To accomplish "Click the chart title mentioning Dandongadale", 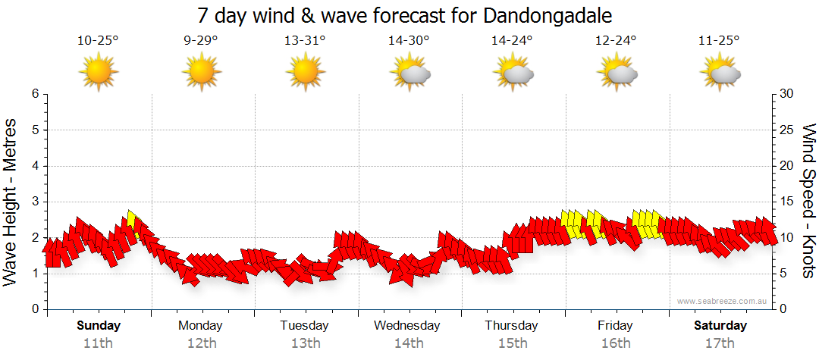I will pos(404,15).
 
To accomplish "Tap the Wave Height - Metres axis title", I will pos(11,202).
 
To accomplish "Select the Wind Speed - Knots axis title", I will pos(807,202).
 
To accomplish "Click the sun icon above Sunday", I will pos(98,73).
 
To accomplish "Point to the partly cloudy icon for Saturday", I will pos(719,73).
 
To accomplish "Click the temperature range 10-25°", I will pos(98,41).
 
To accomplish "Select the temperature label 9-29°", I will pos(201,41).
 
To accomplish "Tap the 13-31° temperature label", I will pos(305,41).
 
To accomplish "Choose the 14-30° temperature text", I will pos(409,41).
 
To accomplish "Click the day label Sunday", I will pos(99,326).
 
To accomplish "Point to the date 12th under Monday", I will pos(201,343).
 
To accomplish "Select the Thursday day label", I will pos(511,326).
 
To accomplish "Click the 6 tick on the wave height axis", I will pos(34,94).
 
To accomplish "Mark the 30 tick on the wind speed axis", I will pos(787,94).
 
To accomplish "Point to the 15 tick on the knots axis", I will pos(787,202).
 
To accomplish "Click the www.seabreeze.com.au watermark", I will pos(723,301).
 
